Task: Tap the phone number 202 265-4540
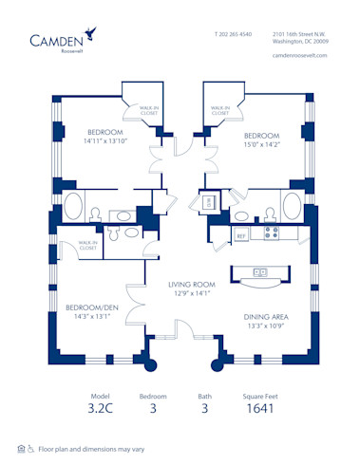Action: (x=234, y=34)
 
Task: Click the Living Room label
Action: (x=188, y=283)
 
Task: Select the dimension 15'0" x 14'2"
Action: (x=261, y=144)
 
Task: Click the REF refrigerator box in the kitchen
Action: (x=241, y=233)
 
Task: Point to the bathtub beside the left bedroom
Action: (x=73, y=209)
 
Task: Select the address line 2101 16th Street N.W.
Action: (x=298, y=34)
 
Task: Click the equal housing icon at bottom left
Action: (x=21, y=447)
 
